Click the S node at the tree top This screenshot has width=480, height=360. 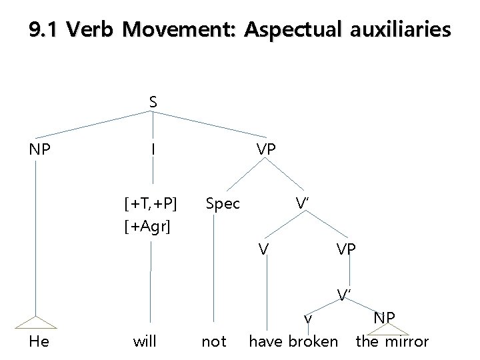point(153,102)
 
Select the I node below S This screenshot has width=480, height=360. point(153,149)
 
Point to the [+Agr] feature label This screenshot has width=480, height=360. point(147,227)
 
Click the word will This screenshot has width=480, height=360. point(145,342)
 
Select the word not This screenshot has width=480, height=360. point(213,342)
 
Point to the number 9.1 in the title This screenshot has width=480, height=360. point(45,30)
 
